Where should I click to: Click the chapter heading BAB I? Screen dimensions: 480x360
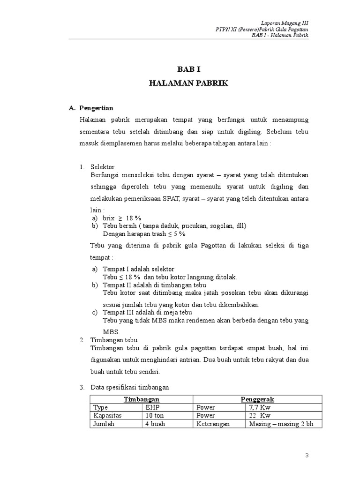point(188,69)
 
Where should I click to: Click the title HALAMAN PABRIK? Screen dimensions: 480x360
point(188,83)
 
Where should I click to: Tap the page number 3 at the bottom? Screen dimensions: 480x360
point(307,455)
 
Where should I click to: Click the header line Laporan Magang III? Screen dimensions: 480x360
point(285,23)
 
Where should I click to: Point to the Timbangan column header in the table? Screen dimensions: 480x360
point(142,399)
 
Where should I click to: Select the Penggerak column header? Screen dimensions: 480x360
point(257,399)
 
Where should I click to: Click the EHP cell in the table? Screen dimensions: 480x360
point(153,407)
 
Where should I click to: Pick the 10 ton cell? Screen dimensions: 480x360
point(155,415)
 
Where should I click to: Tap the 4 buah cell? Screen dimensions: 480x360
point(156,424)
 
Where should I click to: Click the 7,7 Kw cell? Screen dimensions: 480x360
point(261,407)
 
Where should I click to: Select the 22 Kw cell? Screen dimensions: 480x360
point(261,415)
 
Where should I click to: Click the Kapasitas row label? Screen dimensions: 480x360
point(108,415)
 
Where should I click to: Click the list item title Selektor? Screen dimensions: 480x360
point(102,167)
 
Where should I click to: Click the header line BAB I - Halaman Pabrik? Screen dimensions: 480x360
point(280,36)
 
